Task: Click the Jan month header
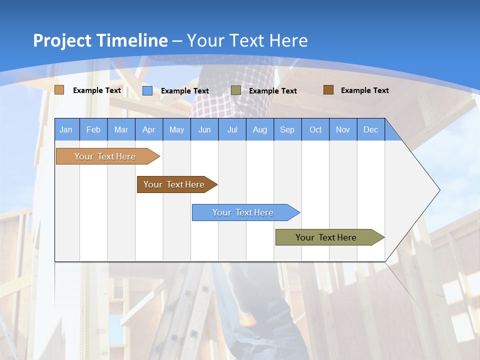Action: click(x=66, y=129)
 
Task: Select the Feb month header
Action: click(x=93, y=129)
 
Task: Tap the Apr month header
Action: click(x=148, y=129)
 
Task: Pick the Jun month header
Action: click(x=204, y=129)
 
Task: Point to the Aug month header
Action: click(x=259, y=129)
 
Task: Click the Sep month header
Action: click(x=287, y=129)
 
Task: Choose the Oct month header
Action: click(x=315, y=129)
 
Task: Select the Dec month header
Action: click(x=370, y=129)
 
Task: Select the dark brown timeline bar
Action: click(x=175, y=184)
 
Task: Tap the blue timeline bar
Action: click(x=244, y=212)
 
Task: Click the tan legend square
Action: click(x=59, y=90)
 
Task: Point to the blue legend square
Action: click(x=147, y=90)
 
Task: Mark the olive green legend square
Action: click(x=236, y=90)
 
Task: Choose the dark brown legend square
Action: click(x=328, y=90)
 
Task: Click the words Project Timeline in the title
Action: click(x=100, y=40)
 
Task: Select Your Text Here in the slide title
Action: click(x=247, y=40)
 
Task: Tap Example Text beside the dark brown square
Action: click(x=364, y=90)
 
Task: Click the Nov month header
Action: click(x=343, y=129)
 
